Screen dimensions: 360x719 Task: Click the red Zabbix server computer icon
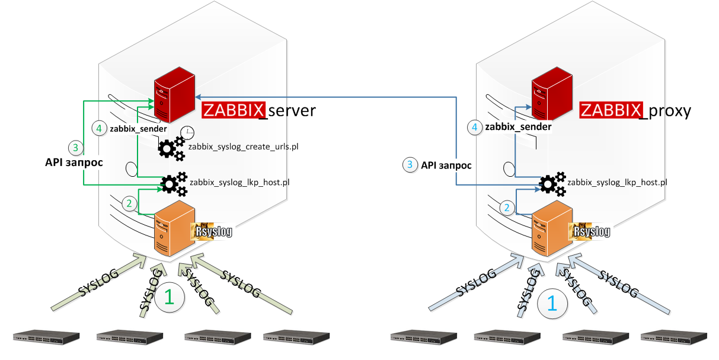point(174,95)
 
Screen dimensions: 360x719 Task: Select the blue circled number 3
point(410,165)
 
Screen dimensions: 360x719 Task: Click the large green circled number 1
point(169,297)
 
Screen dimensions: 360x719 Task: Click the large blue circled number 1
point(551,302)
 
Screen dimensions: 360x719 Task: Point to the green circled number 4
point(100,128)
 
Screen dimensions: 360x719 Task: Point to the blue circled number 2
point(507,207)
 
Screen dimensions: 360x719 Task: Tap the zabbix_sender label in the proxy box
point(518,127)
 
